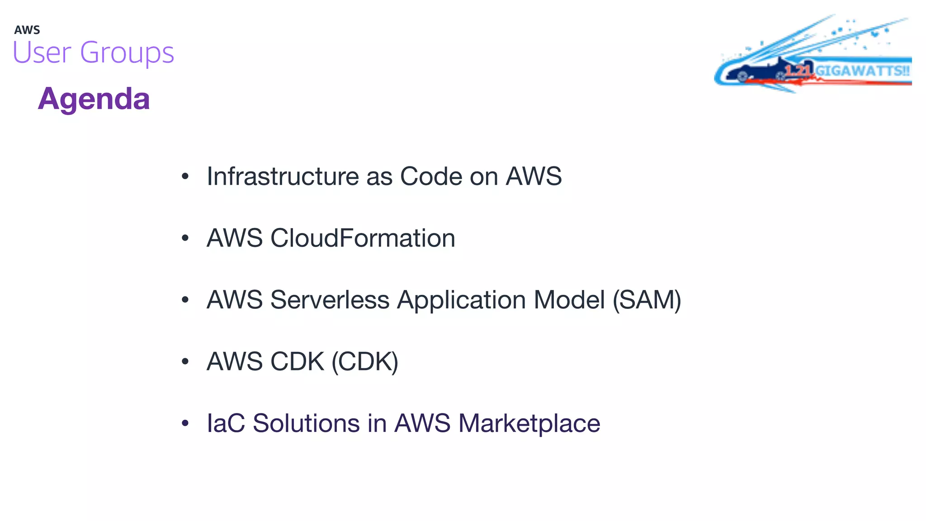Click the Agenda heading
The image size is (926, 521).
[94, 99]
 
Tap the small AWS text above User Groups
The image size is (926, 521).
[27, 30]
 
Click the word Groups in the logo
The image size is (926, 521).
[127, 53]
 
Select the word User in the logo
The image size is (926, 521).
[42, 52]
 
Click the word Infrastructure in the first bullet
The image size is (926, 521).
[283, 176]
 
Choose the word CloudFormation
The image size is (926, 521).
[363, 238]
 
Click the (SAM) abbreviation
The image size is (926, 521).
[647, 300]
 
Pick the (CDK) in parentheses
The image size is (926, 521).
[365, 361]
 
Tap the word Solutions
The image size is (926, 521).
[306, 423]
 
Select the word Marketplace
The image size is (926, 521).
[529, 424]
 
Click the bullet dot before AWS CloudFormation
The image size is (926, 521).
[185, 238]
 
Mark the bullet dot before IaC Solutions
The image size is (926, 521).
[185, 424]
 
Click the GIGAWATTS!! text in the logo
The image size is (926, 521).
[862, 71]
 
